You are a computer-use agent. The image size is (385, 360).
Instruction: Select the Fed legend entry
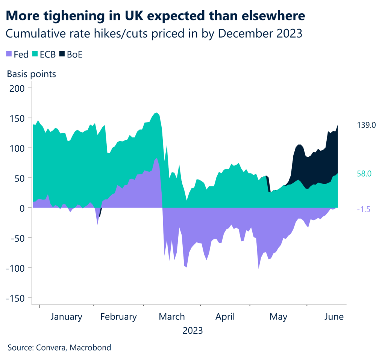[18, 54]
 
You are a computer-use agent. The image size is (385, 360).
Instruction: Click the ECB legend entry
[44, 54]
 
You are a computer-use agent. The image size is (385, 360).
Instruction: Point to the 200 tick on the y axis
[18, 88]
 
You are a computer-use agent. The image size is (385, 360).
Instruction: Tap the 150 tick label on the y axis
[18, 118]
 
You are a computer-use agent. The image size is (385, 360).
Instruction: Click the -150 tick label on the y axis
[15, 298]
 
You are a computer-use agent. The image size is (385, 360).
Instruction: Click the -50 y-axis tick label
[18, 238]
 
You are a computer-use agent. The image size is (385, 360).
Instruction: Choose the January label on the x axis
[66, 317]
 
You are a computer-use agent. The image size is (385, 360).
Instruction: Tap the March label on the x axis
[172, 317]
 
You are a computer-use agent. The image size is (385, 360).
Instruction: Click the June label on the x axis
[333, 317]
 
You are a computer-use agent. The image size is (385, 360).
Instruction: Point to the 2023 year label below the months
[192, 331]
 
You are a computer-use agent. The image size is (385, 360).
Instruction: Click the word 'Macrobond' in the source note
[92, 347]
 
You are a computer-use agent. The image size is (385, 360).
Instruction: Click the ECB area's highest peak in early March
[156, 112]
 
